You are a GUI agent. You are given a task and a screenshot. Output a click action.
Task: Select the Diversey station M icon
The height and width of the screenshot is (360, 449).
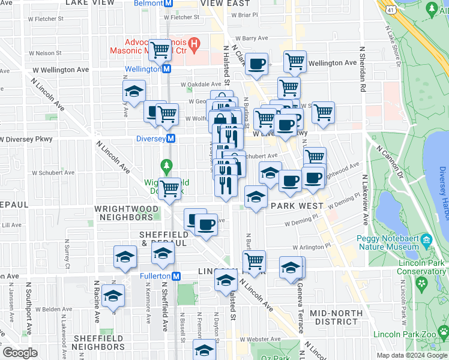(171, 139)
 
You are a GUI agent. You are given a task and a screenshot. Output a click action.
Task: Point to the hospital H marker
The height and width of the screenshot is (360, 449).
(194, 44)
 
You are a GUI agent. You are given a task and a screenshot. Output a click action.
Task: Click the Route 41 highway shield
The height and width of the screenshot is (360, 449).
(391, 10)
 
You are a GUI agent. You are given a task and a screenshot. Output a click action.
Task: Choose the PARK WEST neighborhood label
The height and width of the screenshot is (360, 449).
(297, 206)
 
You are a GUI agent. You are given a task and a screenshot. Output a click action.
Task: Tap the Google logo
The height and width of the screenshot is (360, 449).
(20, 353)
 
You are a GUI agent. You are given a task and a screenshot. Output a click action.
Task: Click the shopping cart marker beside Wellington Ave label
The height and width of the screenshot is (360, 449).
(295, 61)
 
